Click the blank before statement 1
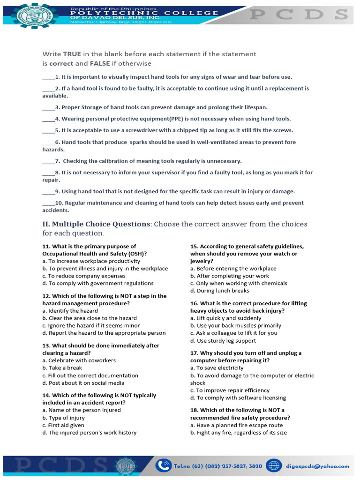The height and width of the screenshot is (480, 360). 48,77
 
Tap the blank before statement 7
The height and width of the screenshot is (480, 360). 48,161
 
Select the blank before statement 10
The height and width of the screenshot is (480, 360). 48,203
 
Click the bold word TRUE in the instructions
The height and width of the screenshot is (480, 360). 72,54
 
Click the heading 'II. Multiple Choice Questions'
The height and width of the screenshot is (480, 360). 96,224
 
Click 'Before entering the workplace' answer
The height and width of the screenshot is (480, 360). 233,269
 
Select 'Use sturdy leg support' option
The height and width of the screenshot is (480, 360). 223,341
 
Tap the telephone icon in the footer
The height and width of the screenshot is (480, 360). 164,465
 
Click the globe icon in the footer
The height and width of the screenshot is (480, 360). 274,465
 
